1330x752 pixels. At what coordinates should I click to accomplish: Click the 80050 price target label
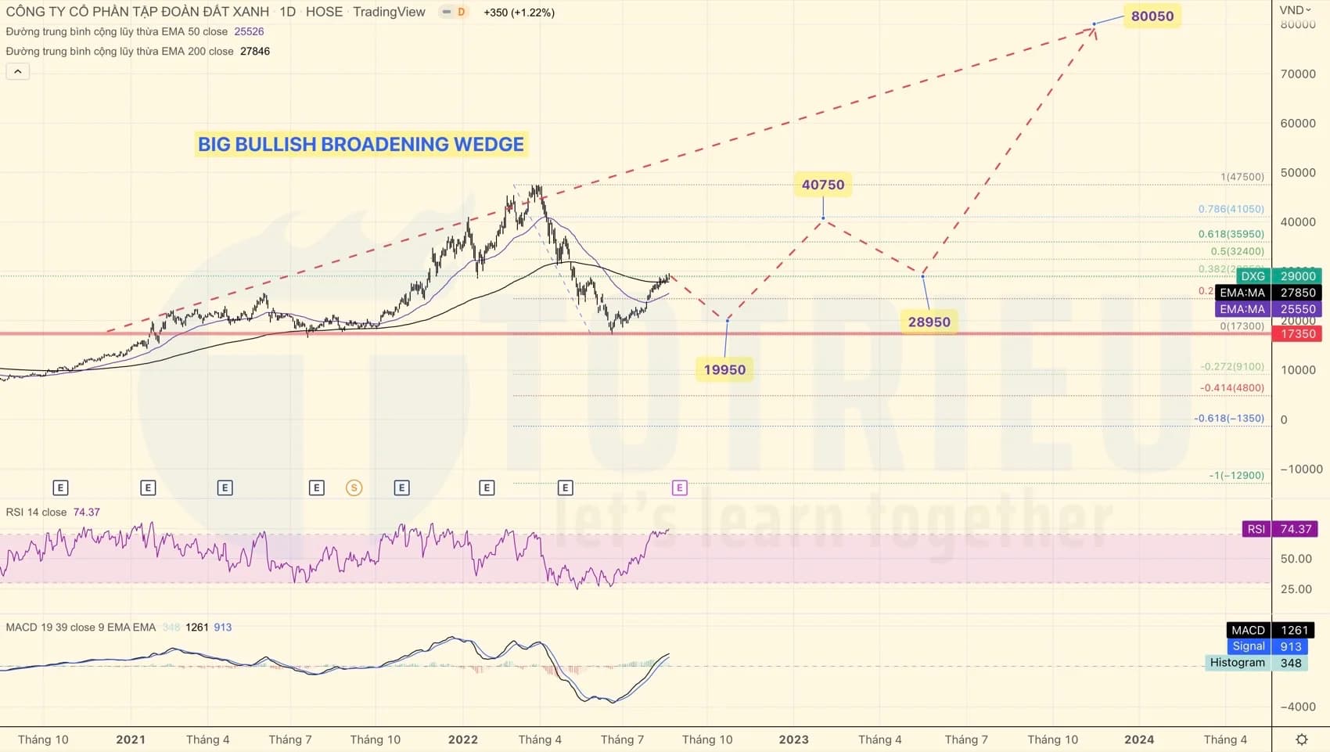1152,16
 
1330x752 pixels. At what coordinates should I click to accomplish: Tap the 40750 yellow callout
823,185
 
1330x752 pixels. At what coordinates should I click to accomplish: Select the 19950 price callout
724,369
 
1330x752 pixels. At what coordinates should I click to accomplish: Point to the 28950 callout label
929,322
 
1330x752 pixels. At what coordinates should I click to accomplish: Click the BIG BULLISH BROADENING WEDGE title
361,144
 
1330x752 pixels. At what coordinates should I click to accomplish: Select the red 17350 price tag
1297,334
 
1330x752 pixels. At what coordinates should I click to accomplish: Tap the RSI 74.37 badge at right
1280,529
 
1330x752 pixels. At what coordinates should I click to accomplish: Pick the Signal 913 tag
1267,646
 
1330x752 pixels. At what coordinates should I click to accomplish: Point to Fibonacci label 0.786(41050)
1231,209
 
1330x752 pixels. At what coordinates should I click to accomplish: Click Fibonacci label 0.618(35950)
1231,234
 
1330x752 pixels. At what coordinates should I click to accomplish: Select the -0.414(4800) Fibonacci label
1231,387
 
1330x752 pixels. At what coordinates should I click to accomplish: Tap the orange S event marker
354,488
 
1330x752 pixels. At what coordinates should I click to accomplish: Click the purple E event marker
679,488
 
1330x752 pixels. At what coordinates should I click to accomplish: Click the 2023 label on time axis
793,739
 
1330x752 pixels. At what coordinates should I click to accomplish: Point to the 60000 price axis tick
1297,123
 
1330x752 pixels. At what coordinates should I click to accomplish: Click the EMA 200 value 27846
255,51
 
